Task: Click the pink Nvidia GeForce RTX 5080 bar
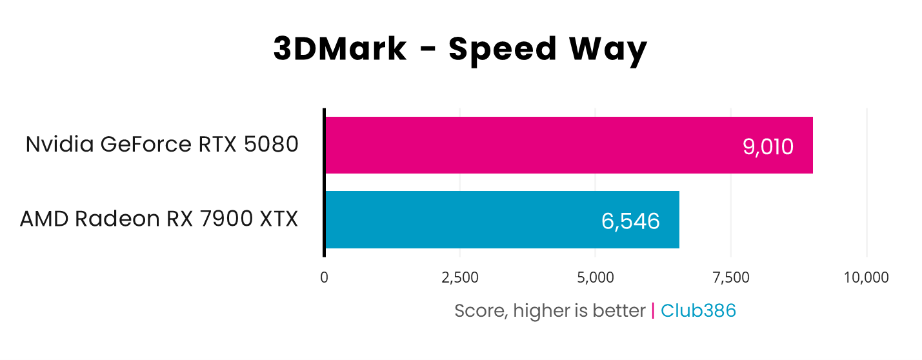coord(568,145)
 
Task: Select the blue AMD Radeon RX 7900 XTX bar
coord(501,219)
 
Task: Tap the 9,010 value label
coord(768,147)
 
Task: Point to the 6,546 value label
coord(630,221)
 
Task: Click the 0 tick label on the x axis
coord(324,277)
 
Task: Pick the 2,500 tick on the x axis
coord(459,277)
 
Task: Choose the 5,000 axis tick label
coord(595,277)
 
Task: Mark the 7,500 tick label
coord(731,277)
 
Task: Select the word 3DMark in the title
coord(340,50)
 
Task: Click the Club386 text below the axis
coord(698,311)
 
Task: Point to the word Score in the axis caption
coord(478,311)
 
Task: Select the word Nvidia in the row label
coord(59,145)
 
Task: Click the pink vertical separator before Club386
coord(653,311)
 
